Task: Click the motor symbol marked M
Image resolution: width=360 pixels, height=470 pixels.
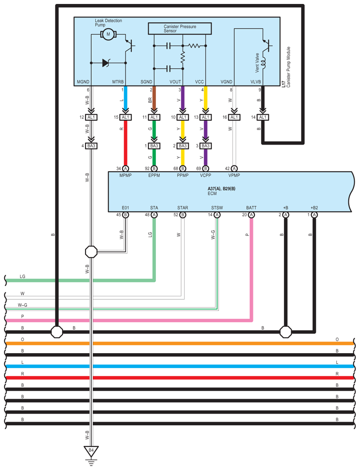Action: coord(108,34)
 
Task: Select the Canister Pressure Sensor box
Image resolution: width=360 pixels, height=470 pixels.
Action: coord(180,29)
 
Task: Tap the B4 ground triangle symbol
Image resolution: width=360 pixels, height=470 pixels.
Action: coord(91,451)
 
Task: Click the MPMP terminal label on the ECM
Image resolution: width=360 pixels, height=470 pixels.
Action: coord(126,175)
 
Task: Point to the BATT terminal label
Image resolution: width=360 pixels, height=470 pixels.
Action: coord(251,208)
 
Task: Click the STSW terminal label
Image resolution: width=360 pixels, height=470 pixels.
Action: coord(217,208)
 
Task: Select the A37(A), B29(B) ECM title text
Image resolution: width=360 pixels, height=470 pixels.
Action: coord(221,189)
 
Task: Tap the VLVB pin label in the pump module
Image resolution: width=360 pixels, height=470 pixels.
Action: coord(256,82)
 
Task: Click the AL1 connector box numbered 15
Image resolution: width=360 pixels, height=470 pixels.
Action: coord(126,117)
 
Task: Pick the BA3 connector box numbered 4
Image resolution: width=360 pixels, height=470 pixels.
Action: coord(91,145)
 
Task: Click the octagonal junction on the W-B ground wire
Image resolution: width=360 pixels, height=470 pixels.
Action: coord(91,252)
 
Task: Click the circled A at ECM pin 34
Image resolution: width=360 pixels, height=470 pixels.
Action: coord(126,168)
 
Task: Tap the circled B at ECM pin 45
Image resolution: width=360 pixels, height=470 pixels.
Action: coord(126,215)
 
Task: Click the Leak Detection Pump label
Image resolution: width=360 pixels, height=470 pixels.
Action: coord(108,23)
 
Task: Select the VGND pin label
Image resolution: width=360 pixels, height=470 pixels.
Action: coord(226,82)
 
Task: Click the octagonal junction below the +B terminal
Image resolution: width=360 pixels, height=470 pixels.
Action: coord(286,332)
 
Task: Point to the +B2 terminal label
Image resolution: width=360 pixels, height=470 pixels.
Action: coord(314,208)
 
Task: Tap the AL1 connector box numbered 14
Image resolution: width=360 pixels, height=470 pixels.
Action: coord(263,117)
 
